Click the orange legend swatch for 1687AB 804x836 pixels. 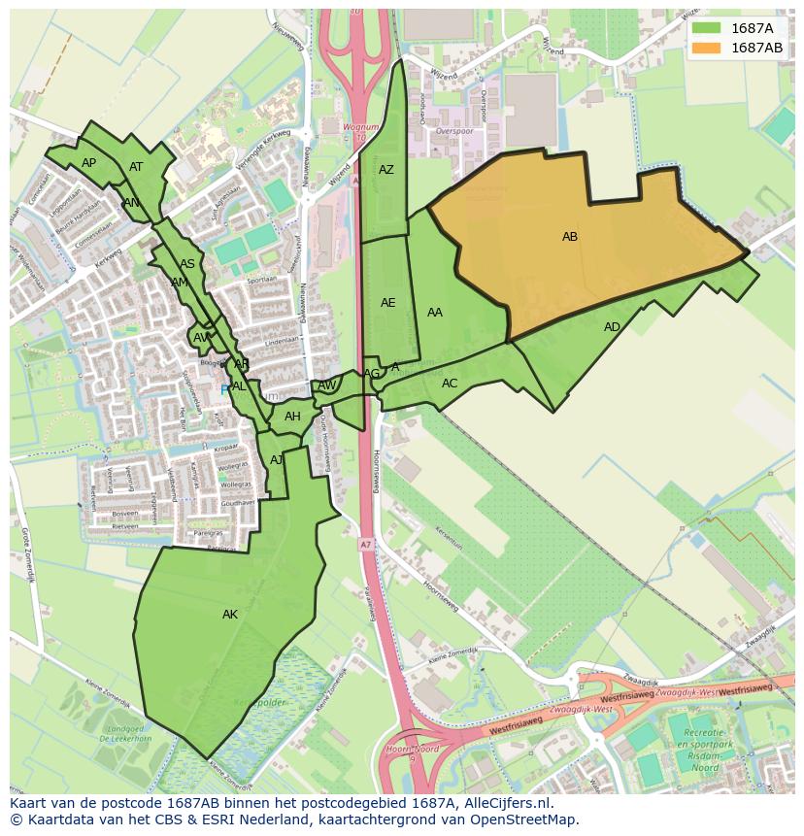707,48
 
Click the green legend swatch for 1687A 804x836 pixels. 707,28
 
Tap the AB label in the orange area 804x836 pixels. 570,237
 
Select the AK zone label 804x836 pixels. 230,615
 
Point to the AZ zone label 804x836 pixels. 386,170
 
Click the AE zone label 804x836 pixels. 387,303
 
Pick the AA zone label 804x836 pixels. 435,313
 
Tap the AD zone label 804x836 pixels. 612,327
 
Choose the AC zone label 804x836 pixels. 450,384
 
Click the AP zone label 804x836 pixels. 89,163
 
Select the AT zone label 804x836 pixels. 136,167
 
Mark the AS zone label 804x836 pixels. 187,264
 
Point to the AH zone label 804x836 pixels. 292,417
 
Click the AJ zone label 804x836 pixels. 277,460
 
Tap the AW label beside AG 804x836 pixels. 327,385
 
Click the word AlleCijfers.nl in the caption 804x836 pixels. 505,804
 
